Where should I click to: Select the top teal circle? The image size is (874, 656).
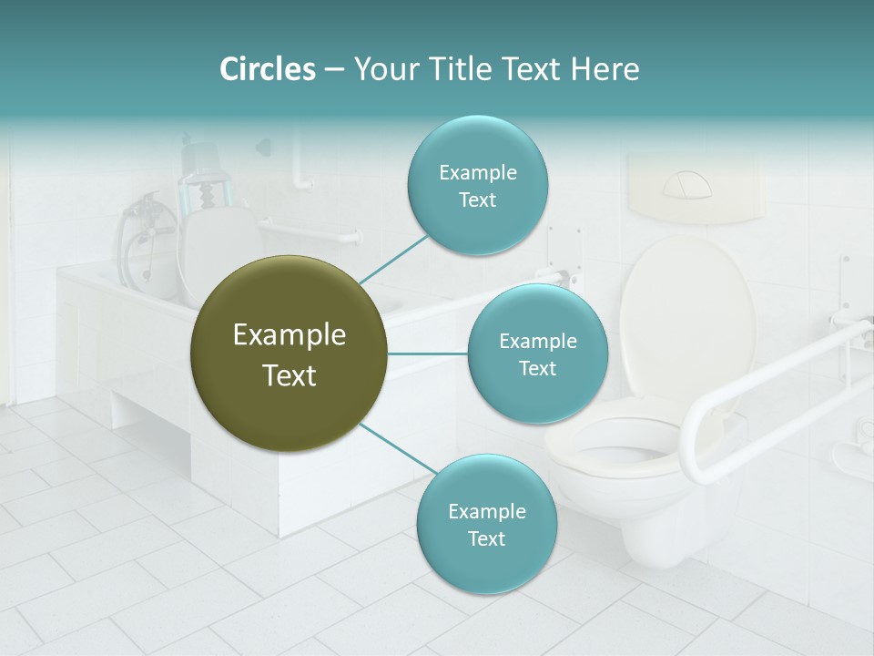click(477, 186)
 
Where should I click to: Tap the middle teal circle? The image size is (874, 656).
click(537, 354)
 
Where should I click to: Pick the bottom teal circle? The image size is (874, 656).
click(486, 525)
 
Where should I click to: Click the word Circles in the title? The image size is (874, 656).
click(268, 69)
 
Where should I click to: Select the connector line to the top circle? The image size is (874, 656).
click(393, 258)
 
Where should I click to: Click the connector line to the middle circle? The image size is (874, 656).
click(428, 354)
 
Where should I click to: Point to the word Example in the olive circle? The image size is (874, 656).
click(290, 335)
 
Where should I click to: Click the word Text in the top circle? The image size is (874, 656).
click(477, 200)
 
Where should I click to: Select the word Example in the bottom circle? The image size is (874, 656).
click(486, 511)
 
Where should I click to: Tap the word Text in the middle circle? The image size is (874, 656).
click(537, 368)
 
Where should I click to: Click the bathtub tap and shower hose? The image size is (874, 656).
click(146, 228)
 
